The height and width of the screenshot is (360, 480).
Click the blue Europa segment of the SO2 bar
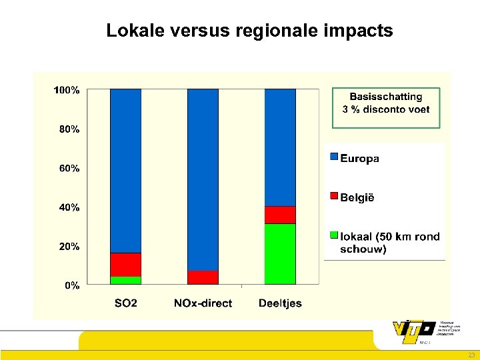coord(125,171)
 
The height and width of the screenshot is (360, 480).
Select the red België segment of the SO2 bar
coord(125,265)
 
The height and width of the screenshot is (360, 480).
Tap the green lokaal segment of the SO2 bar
coord(125,280)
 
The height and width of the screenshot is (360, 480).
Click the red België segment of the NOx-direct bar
coord(203,277)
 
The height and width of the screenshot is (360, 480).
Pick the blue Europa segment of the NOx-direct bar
coord(203,179)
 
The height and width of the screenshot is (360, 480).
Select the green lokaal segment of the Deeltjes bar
coord(280,254)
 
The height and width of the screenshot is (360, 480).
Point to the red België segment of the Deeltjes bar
coord(280,215)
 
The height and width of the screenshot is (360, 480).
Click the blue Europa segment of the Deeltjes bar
coord(280,147)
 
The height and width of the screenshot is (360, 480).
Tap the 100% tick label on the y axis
coord(67,90)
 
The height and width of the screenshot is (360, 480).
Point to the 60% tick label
coord(69,169)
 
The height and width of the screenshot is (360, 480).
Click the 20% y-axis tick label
coord(69,247)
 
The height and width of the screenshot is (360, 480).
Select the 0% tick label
coord(71,285)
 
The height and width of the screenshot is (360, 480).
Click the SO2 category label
coord(125,303)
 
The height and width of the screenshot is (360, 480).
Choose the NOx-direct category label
coord(203,303)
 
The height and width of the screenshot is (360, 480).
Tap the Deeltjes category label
coord(280,303)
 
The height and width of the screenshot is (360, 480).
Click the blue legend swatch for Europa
coord(334,157)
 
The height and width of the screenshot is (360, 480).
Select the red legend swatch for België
coord(334,196)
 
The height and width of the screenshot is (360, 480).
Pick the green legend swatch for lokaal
coord(334,235)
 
